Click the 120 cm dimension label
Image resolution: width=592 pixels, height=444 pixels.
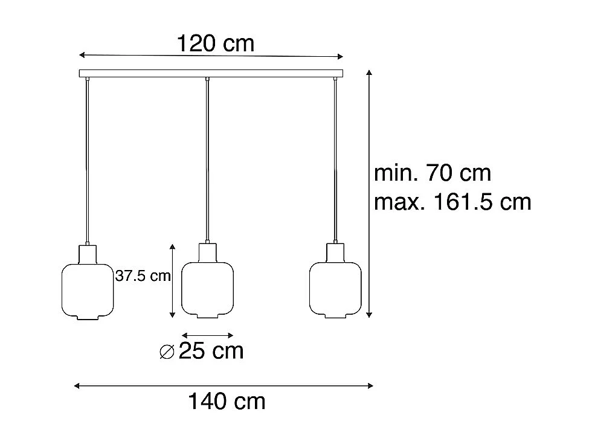215,43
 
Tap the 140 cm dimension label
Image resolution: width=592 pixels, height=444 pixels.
226,401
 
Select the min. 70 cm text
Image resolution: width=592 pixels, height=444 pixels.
433,173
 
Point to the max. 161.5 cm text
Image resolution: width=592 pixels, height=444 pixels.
452,202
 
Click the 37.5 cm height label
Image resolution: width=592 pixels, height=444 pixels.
143,277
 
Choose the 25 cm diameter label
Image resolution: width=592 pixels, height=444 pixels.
211,351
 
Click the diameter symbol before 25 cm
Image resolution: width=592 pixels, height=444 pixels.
167,352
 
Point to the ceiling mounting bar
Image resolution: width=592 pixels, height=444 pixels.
211,74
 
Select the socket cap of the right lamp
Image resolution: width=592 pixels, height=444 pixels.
335,252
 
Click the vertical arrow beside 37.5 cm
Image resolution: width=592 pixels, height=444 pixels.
173,281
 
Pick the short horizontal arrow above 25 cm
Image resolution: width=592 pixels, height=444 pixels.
208,335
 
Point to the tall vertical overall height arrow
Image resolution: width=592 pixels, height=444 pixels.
369,193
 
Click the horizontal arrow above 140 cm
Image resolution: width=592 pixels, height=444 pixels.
224,385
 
